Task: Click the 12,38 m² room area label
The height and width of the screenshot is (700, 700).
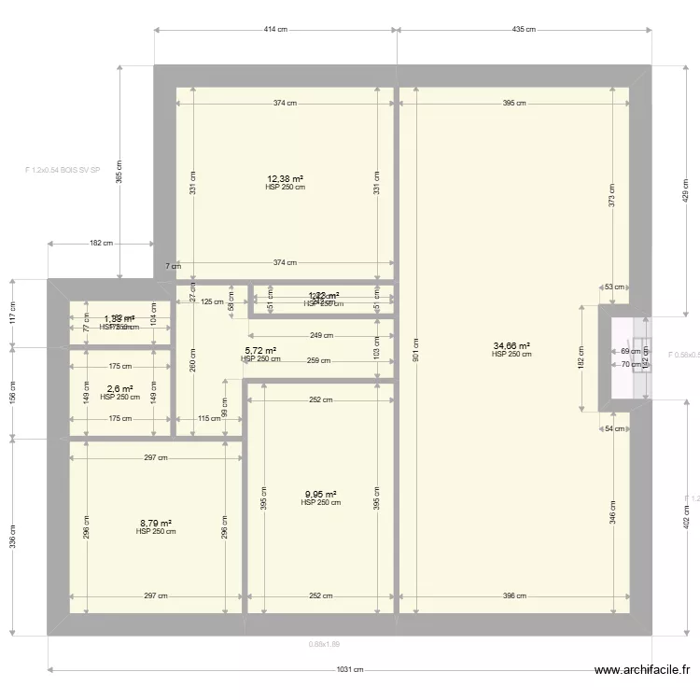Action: [286, 178]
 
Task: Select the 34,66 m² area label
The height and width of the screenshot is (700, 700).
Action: [511, 346]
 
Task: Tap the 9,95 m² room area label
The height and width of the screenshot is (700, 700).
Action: [320, 495]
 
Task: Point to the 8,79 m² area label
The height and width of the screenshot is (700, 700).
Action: [155, 524]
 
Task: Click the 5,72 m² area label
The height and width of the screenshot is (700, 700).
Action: [260, 351]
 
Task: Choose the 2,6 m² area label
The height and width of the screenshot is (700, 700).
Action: [119, 389]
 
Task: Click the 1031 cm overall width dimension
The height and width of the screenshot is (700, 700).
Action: [350, 669]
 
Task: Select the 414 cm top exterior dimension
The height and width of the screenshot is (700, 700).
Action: [275, 30]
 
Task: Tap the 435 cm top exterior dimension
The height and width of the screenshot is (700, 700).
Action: [524, 30]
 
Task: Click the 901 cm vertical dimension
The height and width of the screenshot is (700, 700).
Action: [416, 351]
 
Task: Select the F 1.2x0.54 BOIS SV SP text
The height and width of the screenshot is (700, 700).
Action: [63, 171]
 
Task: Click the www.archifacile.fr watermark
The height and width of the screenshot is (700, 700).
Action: [643, 670]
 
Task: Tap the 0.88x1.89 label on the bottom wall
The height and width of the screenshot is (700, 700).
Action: [324, 643]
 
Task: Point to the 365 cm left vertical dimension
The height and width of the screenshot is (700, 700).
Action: [119, 174]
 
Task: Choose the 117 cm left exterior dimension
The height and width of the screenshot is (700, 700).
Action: [12, 313]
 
